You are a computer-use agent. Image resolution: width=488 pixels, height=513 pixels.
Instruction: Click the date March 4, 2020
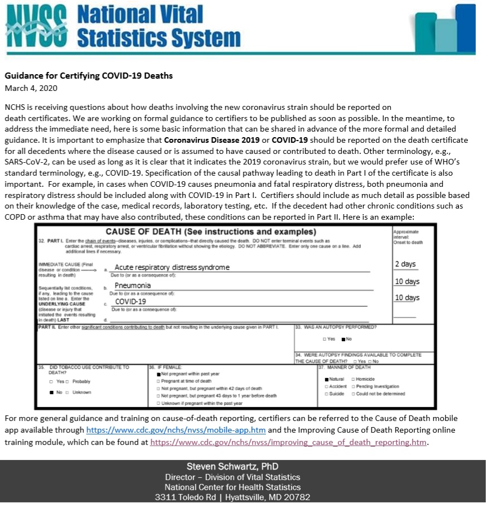click(31, 88)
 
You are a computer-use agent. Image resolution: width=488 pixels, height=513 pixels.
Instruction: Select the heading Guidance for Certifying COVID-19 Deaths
click(89, 76)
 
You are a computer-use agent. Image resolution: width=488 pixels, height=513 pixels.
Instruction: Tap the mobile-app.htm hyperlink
click(176, 430)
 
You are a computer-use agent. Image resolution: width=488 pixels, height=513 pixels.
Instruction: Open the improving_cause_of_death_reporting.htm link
click(289, 442)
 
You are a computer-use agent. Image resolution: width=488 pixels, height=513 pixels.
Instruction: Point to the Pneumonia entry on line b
click(133, 285)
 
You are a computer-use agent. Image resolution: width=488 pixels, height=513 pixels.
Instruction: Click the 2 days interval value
click(405, 264)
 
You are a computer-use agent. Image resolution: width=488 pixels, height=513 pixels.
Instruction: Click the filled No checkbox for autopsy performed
click(343, 339)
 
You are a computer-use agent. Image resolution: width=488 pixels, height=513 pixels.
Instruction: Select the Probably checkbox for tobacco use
click(67, 381)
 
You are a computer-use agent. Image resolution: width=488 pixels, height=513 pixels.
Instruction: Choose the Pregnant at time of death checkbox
click(158, 381)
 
